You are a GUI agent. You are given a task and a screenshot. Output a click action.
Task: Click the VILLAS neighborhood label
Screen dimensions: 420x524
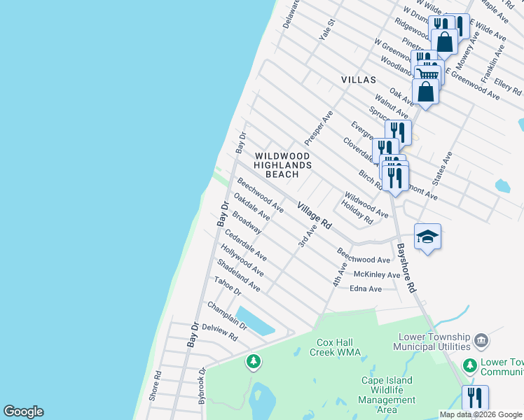click(x=359, y=80)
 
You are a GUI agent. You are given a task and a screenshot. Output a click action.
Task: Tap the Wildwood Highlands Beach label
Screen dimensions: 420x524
click(x=283, y=164)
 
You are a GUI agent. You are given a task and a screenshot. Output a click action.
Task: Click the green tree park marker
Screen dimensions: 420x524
click(x=253, y=361)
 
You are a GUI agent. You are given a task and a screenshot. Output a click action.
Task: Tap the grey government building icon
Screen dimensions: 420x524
click(x=481, y=341)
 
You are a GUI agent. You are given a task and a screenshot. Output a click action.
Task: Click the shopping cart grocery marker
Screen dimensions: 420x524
click(x=427, y=74)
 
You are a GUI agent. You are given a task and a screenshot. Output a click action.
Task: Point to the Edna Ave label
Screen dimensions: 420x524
click(x=366, y=288)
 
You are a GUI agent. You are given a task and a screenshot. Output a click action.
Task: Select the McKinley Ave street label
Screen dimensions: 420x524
click(x=377, y=274)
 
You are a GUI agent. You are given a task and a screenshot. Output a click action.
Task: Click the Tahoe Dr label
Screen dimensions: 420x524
click(x=228, y=286)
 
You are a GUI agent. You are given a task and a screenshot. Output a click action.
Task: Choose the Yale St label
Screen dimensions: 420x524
click(x=327, y=31)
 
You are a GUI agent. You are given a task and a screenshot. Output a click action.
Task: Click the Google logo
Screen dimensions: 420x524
click(x=23, y=412)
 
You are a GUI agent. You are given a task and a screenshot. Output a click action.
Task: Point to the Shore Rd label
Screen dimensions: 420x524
click(x=156, y=385)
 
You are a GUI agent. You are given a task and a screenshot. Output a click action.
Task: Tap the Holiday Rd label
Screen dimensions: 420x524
click(x=357, y=212)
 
